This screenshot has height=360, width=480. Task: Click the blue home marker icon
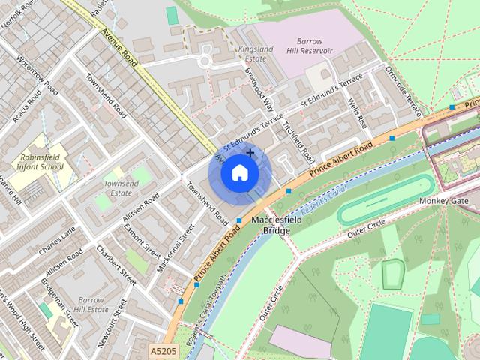coord(239,173)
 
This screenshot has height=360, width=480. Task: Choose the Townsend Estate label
coord(121,188)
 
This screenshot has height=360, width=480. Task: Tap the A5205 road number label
coord(164,351)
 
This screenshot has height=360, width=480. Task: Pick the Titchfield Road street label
coord(298,140)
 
